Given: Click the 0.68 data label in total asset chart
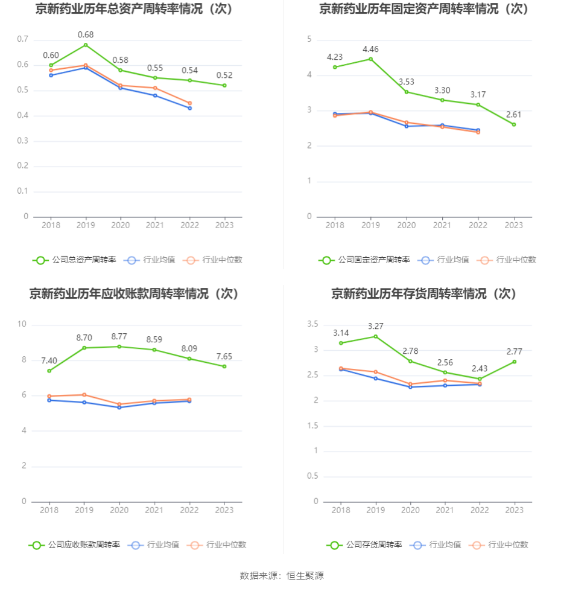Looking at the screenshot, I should tap(85, 34).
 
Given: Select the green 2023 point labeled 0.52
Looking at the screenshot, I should tap(224, 85).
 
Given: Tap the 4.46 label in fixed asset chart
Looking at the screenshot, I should tap(370, 49).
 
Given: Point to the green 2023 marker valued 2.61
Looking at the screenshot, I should tap(514, 124).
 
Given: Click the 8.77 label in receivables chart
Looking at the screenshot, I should tap(119, 336).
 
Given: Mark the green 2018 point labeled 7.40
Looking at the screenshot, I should tap(49, 371).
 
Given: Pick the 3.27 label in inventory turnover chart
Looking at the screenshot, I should tap(376, 326).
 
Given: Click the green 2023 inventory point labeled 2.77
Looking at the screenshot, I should tap(514, 362).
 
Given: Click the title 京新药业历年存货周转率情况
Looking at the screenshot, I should tap(424, 293).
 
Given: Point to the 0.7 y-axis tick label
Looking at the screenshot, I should tap(23, 39).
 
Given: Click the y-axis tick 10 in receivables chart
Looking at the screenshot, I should tap(22, 324).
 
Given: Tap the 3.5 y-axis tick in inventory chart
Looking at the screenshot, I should tap(312, 324).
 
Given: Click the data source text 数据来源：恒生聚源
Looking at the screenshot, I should tap(282, 575).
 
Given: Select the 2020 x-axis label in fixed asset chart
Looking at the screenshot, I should tap(406, 225).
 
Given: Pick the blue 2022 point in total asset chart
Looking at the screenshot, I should tap(189, 108).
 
